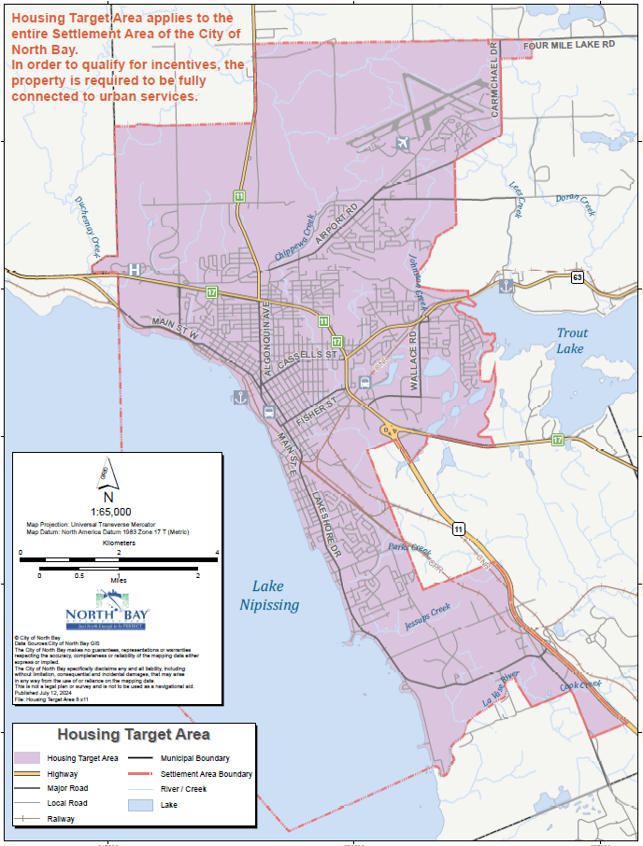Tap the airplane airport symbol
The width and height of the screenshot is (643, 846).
coord(403,143)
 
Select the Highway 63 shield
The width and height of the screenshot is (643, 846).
coord(578,277)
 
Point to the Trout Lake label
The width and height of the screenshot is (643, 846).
coord(571,341)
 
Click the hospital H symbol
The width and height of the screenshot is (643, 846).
coord(135,270)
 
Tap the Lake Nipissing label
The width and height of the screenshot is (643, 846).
coord(269,595)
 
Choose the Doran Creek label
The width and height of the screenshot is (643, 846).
coord(575,203)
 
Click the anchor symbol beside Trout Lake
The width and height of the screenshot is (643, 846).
coord(507,286)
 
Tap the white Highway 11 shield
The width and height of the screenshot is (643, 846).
coord(458,529)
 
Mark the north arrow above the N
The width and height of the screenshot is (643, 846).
coord(108,474)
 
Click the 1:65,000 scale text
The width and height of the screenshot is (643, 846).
coord(110,512)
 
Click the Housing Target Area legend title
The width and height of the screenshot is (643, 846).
coord(134,735)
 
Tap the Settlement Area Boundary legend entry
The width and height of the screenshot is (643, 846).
coord(206,774)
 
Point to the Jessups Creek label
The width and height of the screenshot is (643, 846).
coord(428,615)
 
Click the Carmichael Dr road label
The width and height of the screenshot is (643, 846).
coord(496,85)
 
